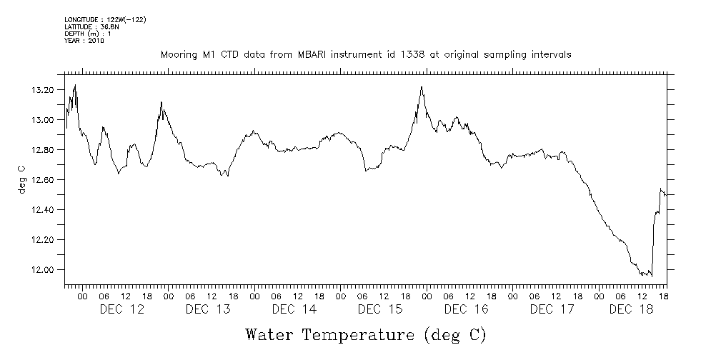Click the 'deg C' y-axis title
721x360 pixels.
point(21,180)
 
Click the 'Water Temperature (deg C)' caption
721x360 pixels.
point(365,334)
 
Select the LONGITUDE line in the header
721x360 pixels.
point(105,19)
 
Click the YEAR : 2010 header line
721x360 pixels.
point(84,41)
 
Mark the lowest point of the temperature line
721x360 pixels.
point(651,276)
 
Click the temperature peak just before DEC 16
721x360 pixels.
point(422,87)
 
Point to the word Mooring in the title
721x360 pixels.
point(179,55)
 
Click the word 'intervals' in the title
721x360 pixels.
point(550,55)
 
